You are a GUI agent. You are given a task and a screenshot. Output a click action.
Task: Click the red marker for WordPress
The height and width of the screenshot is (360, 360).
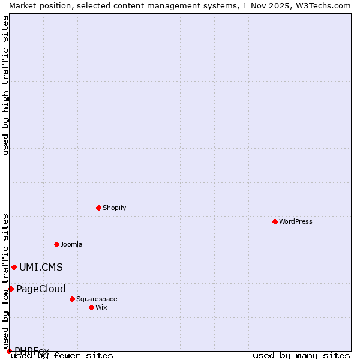coord(275,221)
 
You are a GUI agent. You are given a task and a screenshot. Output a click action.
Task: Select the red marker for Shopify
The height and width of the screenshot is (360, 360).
coord(98,208)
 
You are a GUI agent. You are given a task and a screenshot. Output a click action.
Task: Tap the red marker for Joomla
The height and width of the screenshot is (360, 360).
coord(56,244)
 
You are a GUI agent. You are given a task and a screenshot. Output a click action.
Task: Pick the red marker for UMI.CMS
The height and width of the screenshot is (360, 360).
coord(14,267)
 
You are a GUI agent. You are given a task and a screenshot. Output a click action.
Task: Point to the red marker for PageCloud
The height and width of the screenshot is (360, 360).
coord(11,289)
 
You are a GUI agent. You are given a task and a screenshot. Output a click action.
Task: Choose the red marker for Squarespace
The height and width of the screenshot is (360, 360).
coord(72,299)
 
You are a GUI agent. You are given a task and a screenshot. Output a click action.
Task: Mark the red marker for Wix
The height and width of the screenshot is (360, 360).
coord(91,307)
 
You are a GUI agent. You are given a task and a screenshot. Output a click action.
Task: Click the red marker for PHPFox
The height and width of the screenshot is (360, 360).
coord(9,351)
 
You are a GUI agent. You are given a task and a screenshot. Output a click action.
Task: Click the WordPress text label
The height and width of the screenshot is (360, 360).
coord(296,221)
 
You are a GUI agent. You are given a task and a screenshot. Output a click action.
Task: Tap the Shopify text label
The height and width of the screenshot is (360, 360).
coord(114,208)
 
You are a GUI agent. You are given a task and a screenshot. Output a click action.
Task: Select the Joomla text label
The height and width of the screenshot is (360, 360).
coord(71,244)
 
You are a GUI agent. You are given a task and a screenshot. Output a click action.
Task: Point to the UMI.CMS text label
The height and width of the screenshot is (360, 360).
coord(41,267)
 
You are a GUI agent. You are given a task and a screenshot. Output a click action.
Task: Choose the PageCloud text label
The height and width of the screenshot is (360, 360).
coord(41,289)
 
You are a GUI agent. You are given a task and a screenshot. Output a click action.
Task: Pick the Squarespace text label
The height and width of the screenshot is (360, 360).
coord(97,299)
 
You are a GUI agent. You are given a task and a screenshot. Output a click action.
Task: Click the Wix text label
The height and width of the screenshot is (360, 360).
coord(101,307)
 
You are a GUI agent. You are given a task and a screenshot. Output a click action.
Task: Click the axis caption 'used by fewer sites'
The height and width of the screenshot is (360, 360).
coord(62,355)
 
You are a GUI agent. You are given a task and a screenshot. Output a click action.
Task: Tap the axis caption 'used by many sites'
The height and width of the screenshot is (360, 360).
coord(301,355)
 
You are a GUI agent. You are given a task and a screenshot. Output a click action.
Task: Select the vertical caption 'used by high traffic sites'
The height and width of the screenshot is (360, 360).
coord(6,85)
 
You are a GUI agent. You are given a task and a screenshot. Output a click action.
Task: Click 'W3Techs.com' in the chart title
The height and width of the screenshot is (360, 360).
coord(322,5)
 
